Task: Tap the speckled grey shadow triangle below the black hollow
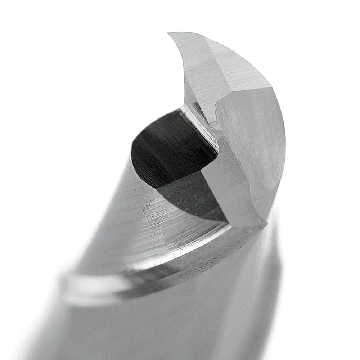tap(194, 198)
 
